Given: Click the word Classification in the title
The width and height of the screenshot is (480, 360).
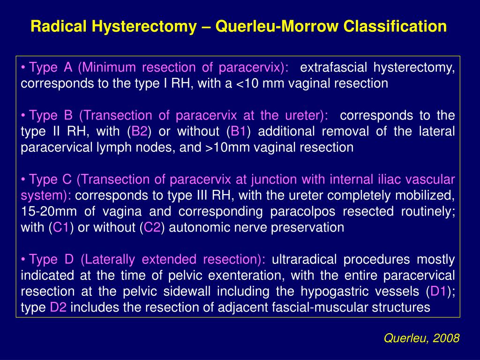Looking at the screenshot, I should coord(395,26).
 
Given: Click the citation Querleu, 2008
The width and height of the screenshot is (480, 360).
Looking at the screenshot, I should coord(421,338).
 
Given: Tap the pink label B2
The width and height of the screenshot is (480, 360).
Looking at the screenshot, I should coord(140,131).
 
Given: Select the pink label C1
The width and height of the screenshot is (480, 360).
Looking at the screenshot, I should coord(61,228).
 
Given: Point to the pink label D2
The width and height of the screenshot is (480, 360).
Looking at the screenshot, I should coord(59,307).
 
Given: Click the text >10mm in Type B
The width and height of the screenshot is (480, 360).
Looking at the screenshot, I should coord(225,148).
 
